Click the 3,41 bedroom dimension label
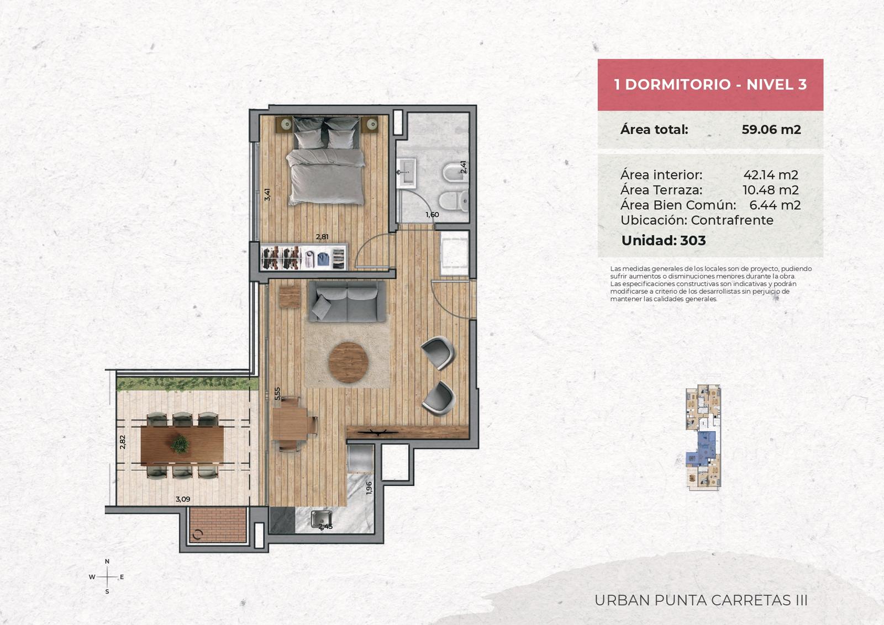[x=267, y=194]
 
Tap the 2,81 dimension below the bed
[x=322, y=237]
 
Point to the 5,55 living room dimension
[x=277, y=394]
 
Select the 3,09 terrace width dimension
[x=183, y=499]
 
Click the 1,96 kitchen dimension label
[x=369, y=488]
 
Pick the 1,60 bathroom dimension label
[x=432, y=215]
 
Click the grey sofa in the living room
[x=347, y=301]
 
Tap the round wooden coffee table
[x=349, y=362]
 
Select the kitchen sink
[x=321, y=520]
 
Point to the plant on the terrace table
[x=180, y=443]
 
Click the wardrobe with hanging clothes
[x=303, y=257]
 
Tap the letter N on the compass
[x=107, y=561]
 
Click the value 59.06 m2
[x=771, y=129]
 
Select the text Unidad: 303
[x=664, y=240]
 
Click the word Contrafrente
[x=732, y=220]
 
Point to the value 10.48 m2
[x=770, y=190]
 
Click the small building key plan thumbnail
[x=703, y=437]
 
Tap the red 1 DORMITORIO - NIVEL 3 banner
[x=711, y=84]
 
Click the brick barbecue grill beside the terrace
[x=218, y=525]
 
